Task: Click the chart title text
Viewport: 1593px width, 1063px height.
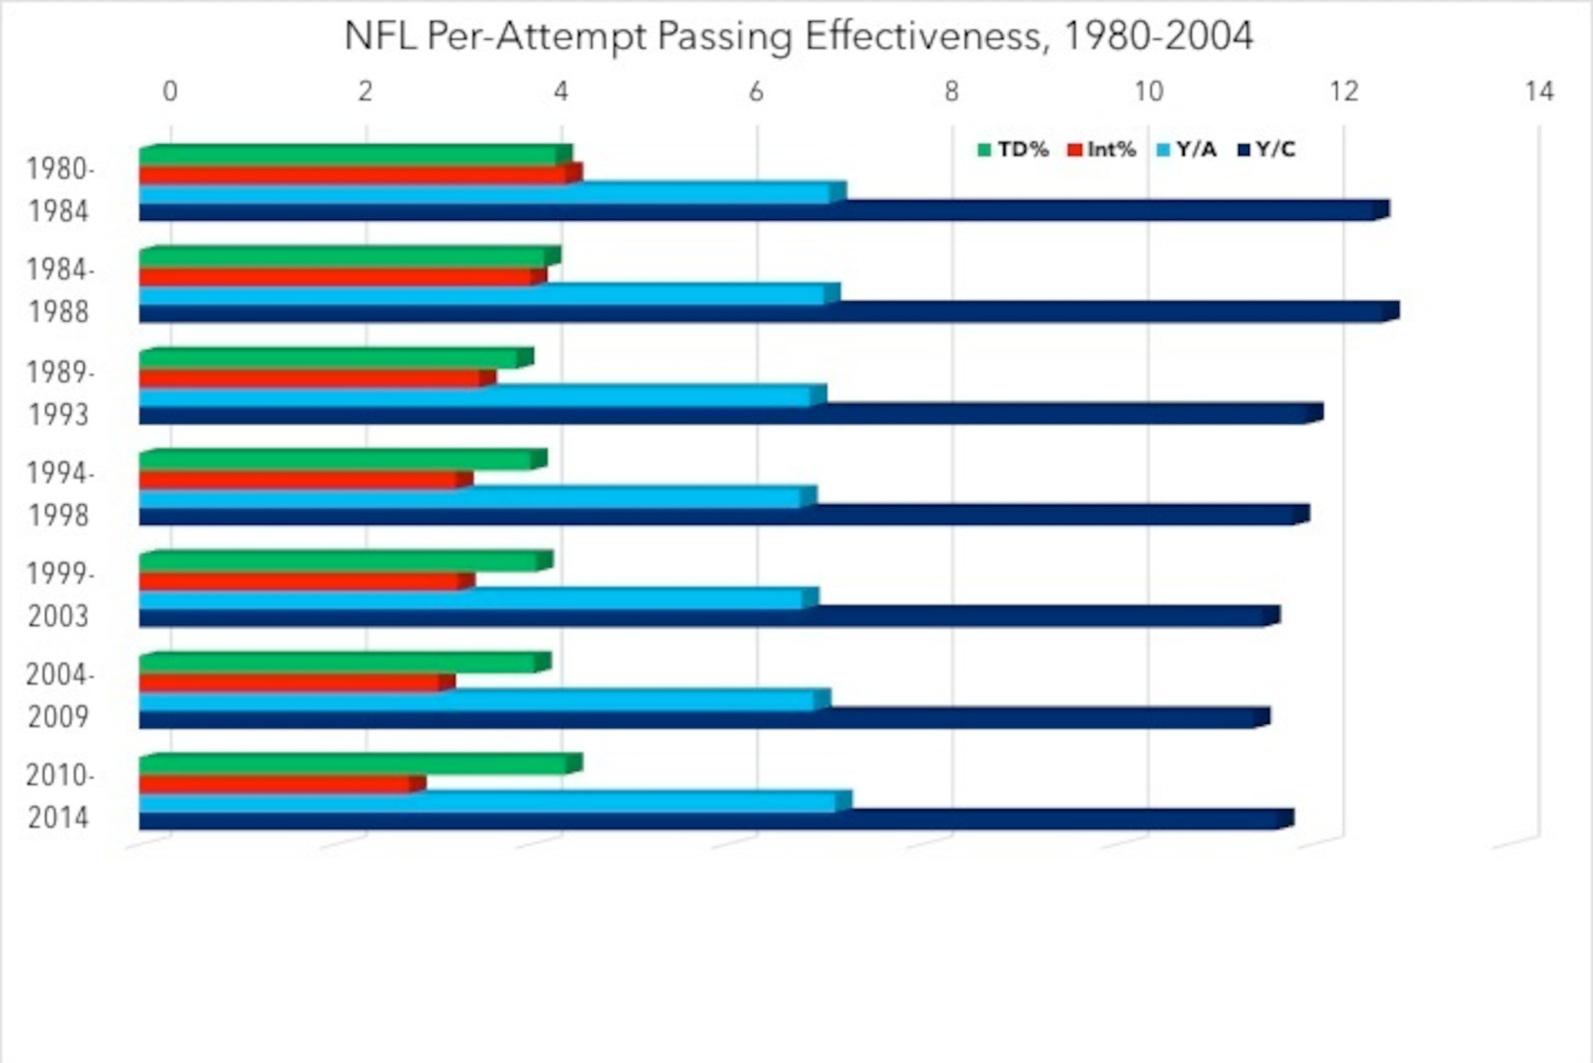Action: coord(798,36)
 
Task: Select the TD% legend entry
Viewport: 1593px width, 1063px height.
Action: coord(1014,149)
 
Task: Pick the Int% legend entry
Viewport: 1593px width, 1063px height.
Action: coord(1101,149)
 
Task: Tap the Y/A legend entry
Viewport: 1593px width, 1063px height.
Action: coord(1186,149)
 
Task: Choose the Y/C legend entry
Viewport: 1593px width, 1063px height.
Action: coord(1266,149)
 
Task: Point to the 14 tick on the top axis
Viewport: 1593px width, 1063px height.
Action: coord(1539,91)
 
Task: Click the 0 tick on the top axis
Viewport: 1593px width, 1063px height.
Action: coord(170,91)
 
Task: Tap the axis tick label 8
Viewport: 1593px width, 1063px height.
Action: coord(951,91)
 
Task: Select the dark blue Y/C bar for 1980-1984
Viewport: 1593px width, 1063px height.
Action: coord(765,210)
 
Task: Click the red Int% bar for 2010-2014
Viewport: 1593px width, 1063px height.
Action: coord(283,784)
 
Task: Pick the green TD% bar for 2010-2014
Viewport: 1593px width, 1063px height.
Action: coord(361,764)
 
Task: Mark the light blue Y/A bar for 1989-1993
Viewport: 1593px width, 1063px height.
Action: coord(483,395)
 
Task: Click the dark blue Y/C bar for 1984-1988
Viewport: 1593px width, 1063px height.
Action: coord(769,312)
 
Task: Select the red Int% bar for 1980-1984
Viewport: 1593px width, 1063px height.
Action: coord(361,174)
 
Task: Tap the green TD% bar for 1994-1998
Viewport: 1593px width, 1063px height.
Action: coord(343,460)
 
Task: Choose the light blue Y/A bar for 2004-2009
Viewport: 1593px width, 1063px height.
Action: coord(485,700)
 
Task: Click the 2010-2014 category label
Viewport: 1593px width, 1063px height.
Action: coord(59,797)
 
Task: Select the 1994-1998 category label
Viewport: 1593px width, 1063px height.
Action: coord(59,494)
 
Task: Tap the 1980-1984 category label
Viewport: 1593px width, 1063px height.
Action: coord(59,190)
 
